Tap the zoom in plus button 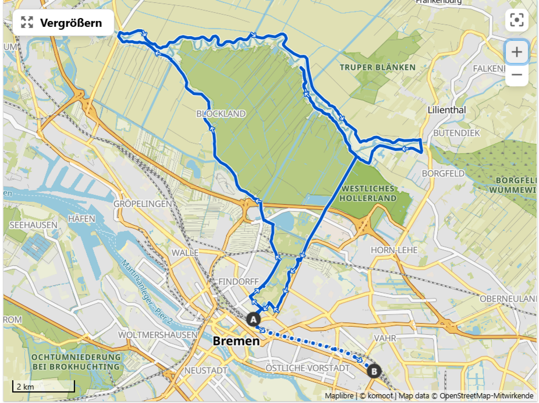[x=516, y=52]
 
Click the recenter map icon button [x=516, y=20]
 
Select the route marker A [x=253, y=319]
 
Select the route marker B [x=374, y=370]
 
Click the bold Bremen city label [x=236, y=341]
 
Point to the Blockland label [x=221, y=113]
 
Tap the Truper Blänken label [x=378, y=67]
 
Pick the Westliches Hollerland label [x=368, y=193]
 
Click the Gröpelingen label [x=143, y=204]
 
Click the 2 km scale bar [x=44, y=387]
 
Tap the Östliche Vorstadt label [x=307, y=368]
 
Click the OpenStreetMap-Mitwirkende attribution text [x=486, y=395]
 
